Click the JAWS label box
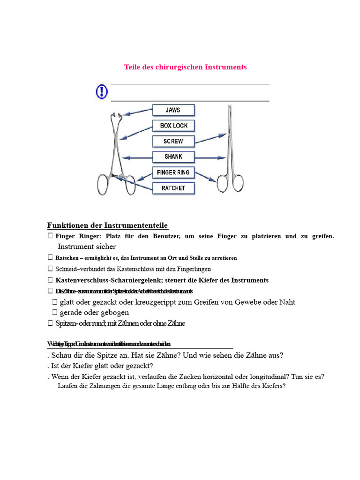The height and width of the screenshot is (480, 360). [173, 111]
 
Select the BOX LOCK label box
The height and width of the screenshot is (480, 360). [173, 126]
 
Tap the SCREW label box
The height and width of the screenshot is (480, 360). [173, 141]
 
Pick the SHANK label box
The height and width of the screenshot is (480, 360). [173, 157]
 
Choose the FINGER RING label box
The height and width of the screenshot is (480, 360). [173, 172]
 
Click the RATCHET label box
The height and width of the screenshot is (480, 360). [173, 188]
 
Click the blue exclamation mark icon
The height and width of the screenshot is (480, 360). [102, 91]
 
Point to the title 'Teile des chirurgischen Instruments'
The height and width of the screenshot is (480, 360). [185, 67]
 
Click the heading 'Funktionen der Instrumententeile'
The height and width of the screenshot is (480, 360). [107, 225]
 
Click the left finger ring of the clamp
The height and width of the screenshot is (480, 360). [104, 184]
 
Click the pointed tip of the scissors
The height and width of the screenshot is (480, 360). [229, 107]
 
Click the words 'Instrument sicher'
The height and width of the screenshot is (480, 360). [86, 247]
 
